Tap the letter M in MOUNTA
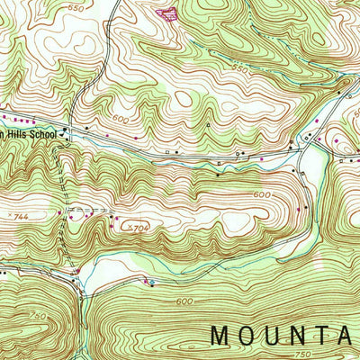(x=220, y=336)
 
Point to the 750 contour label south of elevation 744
(x=37, y=315)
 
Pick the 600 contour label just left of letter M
(x=185, y=301)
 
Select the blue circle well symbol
(x=151, y=283)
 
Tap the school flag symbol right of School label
(x=66, y=131)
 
